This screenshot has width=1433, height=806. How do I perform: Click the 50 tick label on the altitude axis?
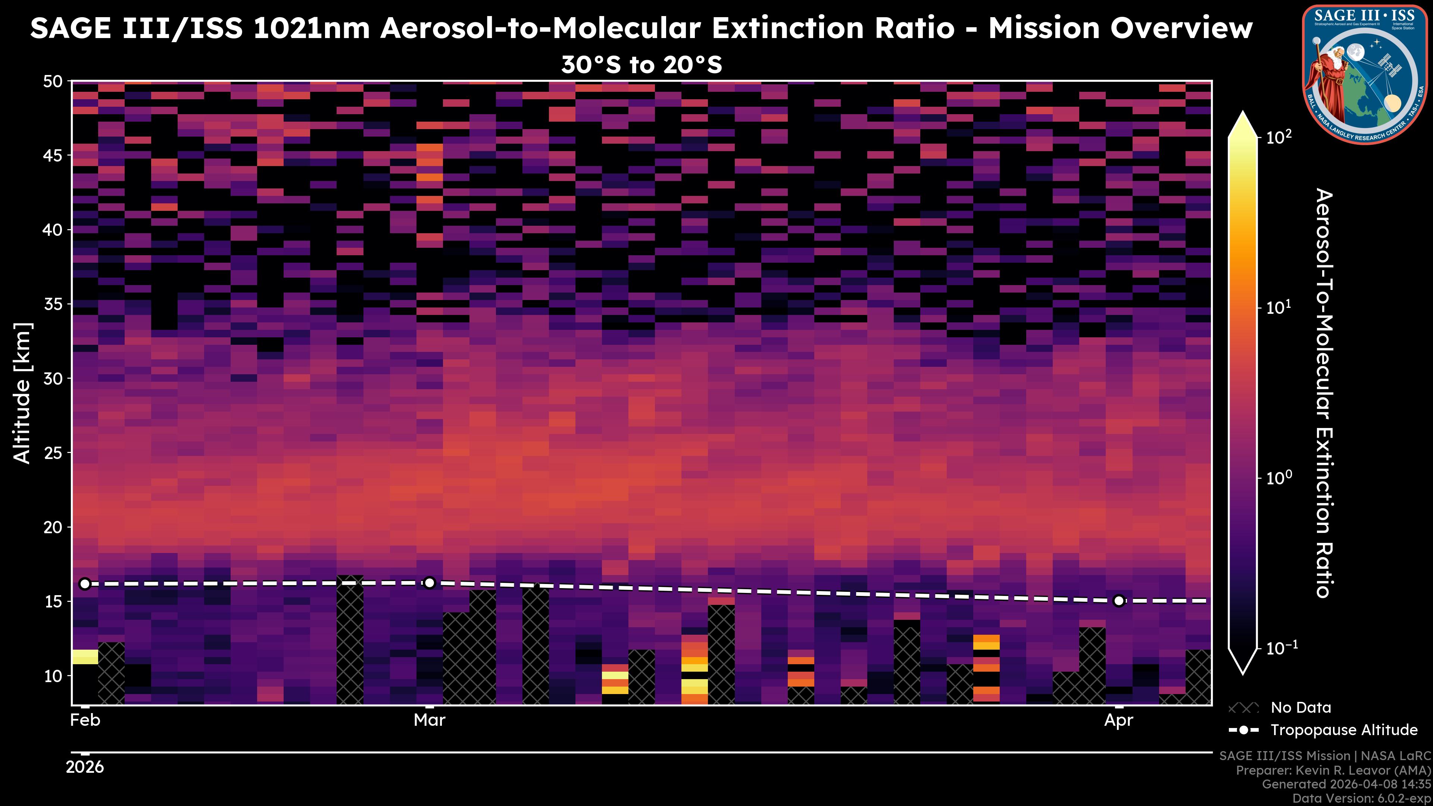click(53, 81)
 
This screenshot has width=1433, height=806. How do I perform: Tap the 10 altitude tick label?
click(53, 676)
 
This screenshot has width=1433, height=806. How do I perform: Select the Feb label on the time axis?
click(85, 720)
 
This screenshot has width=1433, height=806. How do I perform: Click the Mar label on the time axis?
click(430, 720)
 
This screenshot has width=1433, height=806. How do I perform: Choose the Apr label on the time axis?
click(1119, 720)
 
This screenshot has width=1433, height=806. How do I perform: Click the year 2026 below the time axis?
click(85, 767)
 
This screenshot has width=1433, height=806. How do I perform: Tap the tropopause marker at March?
click(430, 583)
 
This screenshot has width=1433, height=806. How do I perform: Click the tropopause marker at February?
click(85, 584)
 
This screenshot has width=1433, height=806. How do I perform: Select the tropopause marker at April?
click(1119, 601)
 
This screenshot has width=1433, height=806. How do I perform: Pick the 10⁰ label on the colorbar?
click(1279, 478)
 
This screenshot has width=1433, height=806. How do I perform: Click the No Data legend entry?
click(1280, 707)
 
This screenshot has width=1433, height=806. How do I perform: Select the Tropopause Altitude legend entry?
click(1323, 730)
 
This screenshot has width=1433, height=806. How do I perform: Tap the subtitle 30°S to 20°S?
click(641, 65)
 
